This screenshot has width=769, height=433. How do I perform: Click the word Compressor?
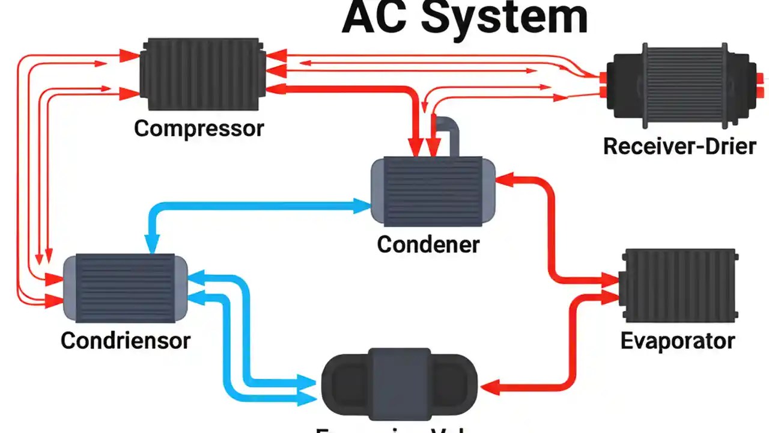[199, 127]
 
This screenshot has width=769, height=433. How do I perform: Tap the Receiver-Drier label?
[679, 146]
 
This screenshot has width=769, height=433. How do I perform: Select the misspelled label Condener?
[428, 244]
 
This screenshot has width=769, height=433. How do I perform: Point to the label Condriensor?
[126, 340]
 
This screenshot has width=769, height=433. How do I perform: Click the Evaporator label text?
[677, 341]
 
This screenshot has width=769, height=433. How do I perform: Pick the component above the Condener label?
[433, 191]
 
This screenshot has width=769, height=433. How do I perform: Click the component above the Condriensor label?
[125, 288]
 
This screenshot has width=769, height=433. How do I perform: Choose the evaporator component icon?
[679, 286]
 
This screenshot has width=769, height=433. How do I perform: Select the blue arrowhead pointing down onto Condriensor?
[151, 244]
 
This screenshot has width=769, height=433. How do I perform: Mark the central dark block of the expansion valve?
[400, 382]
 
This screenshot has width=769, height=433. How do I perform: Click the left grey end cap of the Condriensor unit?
[70, 288]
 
